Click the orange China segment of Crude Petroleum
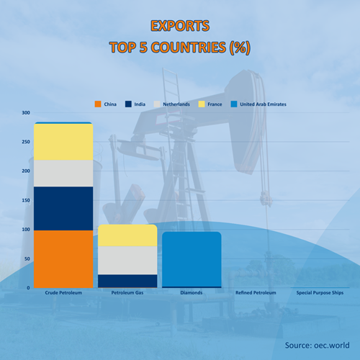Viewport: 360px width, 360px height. pyautogui.click(x=63, y=259)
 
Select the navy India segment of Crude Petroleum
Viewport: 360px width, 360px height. pyautogui.click(x=63, y=209)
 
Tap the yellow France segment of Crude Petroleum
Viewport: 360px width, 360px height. pyautogui.click(x=63, y=142)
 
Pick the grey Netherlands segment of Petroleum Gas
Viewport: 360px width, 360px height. pyautogui.click(x=127, y=261)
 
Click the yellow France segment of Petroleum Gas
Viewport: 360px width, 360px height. pyautogui.click(x=127, y=235)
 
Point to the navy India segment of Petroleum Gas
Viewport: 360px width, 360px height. pyautogui.click(x=127, y=281)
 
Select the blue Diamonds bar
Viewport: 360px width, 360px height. pyautogui.click(x=192, y=259)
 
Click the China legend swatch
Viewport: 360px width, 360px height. pyautogui.click(x=98, y=104)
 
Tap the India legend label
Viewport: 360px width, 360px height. pyautogui.click(x=140, y=104)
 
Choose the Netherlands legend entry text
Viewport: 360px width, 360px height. pyautogui.click(x=176, y=104)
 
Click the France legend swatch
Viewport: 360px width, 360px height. pyautogui.click(x=202, y=104)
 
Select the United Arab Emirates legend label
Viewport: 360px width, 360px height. pyautogui.click(x=263, y=104)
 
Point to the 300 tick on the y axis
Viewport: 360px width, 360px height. pyautogui.click(x=26, y=112)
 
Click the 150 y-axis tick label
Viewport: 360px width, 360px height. pyautogui.click(x=26, y=200)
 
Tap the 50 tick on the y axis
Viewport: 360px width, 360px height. pyautogui.click(x=27, y=258)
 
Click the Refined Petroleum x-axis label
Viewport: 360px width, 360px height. pyautogui.click(x=256, y=292)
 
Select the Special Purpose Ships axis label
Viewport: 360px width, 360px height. pyautogui.click(x=320, y=293)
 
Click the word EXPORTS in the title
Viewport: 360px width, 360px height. pyautogui.click(x=180, y=26)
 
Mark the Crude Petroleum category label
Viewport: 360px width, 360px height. pyautogui.click(x=63, y=292)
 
